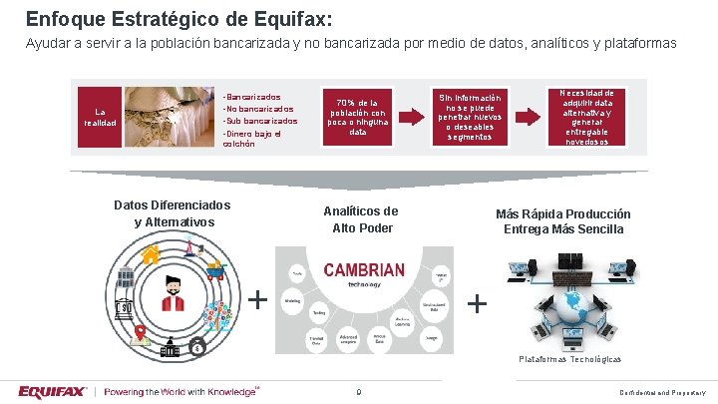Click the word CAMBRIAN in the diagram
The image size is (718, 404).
click(363, 269)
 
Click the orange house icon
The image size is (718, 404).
click(153, 255)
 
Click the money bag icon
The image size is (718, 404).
click(198, 347)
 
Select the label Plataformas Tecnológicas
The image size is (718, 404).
click(569, 358)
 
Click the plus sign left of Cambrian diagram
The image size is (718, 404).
click(258, 299)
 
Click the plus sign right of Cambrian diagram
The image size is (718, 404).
click(479, 302)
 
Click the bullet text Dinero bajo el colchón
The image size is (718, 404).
click(254, 138)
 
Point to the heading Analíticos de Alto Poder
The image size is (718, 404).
click(360, 219)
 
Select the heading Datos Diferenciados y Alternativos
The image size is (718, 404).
click(173, 212)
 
